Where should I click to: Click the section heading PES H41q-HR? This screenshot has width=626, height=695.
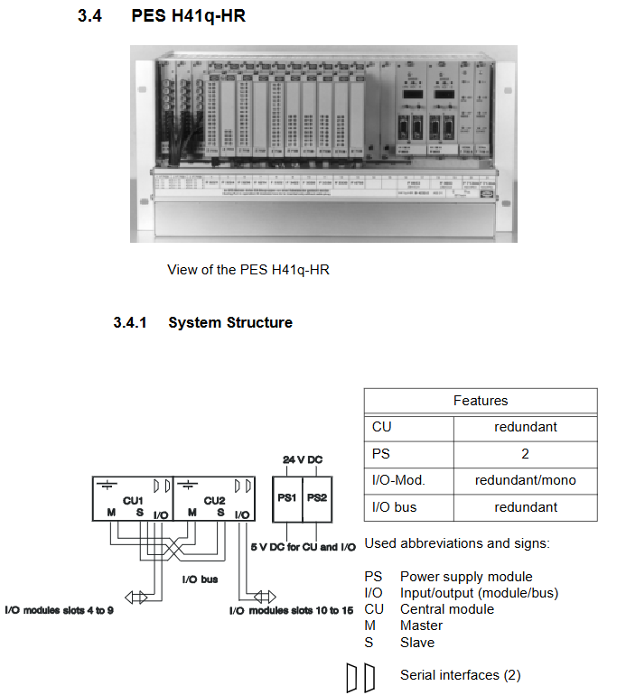click(x=189, y=16)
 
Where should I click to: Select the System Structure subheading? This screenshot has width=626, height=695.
click(x=229, y=322)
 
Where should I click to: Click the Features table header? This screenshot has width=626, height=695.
click(x=480, y=401)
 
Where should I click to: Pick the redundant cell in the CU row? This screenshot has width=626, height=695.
click(x=525, y=427)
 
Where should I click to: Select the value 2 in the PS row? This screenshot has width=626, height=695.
click(x=525, y=454)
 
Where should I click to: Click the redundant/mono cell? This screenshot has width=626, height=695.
click(x=525, y=480)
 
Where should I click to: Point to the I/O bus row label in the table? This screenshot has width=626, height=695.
click(x=394, y=507)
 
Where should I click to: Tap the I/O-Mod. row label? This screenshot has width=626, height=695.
click(x=397, y=480)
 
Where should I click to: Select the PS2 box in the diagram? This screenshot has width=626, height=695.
click(x=317, y=497)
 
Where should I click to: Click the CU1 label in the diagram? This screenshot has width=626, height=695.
click(x=134, y=499)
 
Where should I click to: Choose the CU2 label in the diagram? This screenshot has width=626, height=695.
click(x=214, y=499)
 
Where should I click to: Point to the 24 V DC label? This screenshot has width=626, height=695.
click(x=303, y=460)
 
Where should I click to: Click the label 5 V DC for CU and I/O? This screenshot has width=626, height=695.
click(x=303, y=547)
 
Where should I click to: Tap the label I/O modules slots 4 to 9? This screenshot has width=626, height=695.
click(x=60, y=611)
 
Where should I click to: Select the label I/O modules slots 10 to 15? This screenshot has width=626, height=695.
click(x=291, y=611)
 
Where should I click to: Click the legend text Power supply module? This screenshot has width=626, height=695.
click(x=466, y=577)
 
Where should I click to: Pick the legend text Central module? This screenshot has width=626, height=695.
click(x=447, y=609)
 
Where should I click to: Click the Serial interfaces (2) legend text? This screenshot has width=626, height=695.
click(x=460, y=675)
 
